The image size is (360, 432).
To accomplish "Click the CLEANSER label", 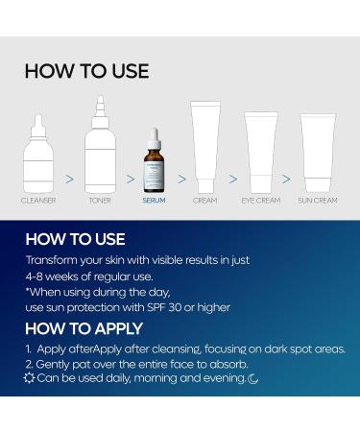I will pos(38,201).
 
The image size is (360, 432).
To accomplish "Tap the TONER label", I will pos(100,201).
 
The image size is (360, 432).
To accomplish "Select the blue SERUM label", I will pos(154,201).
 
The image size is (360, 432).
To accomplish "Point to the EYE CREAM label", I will pos(260,201).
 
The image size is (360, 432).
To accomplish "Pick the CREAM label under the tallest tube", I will pos(204,201).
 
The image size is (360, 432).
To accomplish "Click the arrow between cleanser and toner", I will pos(69,178).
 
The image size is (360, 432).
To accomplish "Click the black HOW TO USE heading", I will pos(86,71).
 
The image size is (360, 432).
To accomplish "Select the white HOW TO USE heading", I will pos(75,239).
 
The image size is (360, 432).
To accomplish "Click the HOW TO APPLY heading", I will pos(84,329).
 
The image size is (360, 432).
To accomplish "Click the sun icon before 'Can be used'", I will pos(29,379).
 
